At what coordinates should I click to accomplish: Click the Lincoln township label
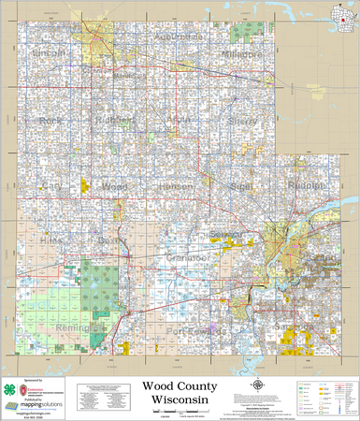pos(49,54)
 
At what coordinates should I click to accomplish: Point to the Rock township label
pos(50,121)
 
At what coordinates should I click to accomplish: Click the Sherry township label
pos(242,121)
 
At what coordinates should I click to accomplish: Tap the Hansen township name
pos(176,186)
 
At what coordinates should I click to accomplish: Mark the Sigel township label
pos(241,186)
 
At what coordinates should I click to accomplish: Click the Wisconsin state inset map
pos(345,16)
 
